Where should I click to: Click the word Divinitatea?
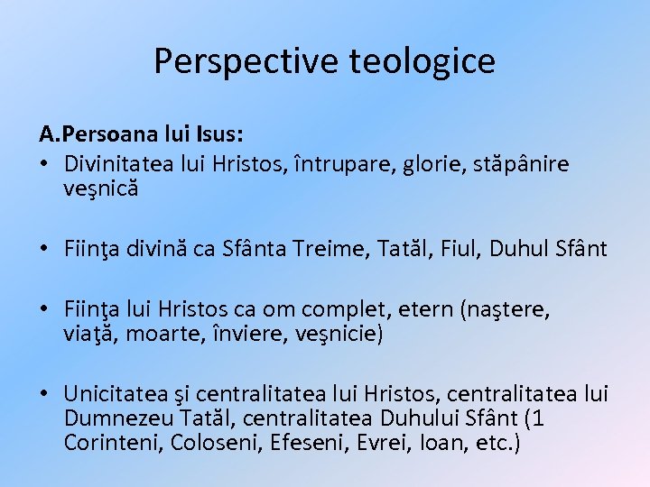[x=118, y=165]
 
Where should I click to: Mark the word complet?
[x=339, y=310]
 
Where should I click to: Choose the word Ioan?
[x=430, y=444]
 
